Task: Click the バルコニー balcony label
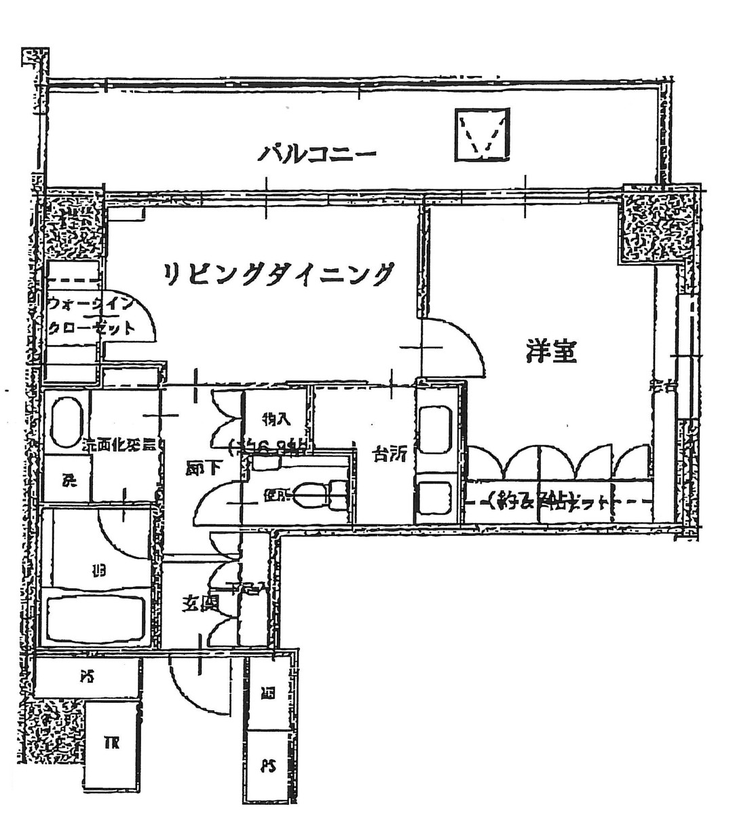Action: [x=316, y=154]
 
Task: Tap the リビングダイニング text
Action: [x=279, y=274]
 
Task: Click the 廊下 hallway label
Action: [x=202, y=469]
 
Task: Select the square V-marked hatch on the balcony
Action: [x=483, y=134]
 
